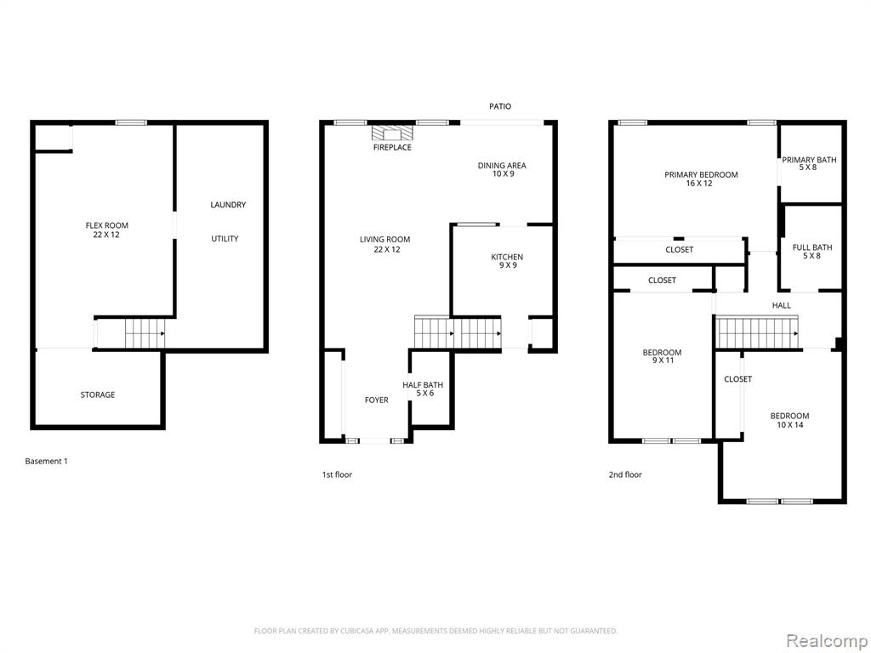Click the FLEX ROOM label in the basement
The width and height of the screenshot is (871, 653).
coord(106,230)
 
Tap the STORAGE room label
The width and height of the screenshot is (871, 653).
coord(98,395)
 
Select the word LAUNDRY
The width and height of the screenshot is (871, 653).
coord(228,205)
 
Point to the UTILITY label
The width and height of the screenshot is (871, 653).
coord(225,239)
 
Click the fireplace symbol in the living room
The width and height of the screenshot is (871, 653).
coord(392,133)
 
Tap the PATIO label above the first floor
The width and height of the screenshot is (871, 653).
coord(500,106)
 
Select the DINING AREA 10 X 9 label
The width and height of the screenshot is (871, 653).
coord(502,170)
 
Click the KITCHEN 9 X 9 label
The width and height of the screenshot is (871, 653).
coord(507,261)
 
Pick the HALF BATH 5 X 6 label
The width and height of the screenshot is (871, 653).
coord(423,389)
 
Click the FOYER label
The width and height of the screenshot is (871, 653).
coord(376,400)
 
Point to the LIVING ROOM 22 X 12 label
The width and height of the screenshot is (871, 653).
coord(384,244)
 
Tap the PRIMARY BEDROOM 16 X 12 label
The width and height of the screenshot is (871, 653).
coord(701,179)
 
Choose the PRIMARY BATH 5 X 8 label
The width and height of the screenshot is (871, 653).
coord(809,163)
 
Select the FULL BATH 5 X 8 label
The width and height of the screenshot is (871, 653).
coord(812,252)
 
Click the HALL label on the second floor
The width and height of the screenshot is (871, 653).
coord(781,305)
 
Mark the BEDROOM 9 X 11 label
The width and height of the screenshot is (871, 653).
coord(662,357)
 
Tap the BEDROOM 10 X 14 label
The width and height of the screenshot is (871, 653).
coord(789,420)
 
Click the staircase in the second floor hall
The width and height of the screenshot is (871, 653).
coord(758,332)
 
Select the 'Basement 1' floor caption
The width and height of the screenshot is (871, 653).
coord(46,462)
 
